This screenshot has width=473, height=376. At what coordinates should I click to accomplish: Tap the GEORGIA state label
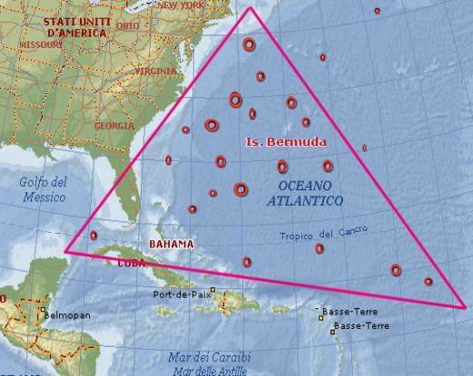[114, 125]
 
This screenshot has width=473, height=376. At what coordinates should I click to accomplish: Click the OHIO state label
[128, 26]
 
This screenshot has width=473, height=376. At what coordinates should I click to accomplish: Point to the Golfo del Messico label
[43, 188]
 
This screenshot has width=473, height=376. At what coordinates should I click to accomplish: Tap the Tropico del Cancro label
[323, 235]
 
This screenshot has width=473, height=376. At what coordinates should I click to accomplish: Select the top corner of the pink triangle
[251, 7]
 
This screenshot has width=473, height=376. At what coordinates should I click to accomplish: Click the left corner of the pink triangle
[64, 251]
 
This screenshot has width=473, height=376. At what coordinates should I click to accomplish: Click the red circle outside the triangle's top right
[377, 11]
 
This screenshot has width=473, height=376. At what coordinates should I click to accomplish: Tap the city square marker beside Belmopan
[42, 315]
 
